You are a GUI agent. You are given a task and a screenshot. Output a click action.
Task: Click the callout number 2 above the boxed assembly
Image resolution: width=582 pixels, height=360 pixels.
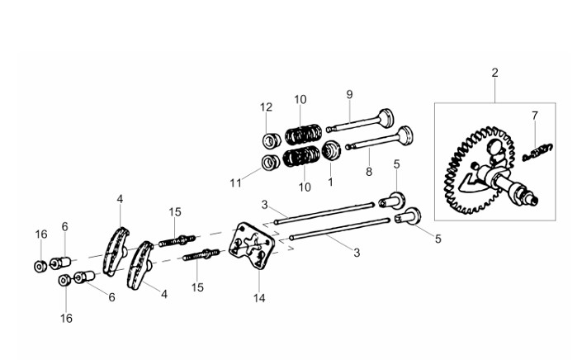tap(494, 73)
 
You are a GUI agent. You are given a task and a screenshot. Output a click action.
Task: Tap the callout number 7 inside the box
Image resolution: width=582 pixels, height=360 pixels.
tap(534, 116)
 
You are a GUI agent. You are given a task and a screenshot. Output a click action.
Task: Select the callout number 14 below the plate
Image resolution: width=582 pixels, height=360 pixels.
tap(259, 297)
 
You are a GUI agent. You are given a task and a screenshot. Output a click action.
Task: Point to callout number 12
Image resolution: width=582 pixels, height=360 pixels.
tap(266, 107)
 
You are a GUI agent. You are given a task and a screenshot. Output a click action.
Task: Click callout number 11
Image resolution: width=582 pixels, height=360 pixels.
tap(236, 183)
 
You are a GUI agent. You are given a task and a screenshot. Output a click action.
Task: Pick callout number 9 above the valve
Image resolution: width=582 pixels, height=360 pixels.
tap(349, 94)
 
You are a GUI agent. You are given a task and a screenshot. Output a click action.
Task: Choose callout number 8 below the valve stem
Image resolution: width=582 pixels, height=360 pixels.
tap(368, 172)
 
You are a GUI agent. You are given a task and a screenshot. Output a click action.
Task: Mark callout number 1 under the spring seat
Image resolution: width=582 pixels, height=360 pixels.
tap(330, 182)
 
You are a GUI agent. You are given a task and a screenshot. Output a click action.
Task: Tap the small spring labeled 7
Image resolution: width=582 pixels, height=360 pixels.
tap(537, 152)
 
